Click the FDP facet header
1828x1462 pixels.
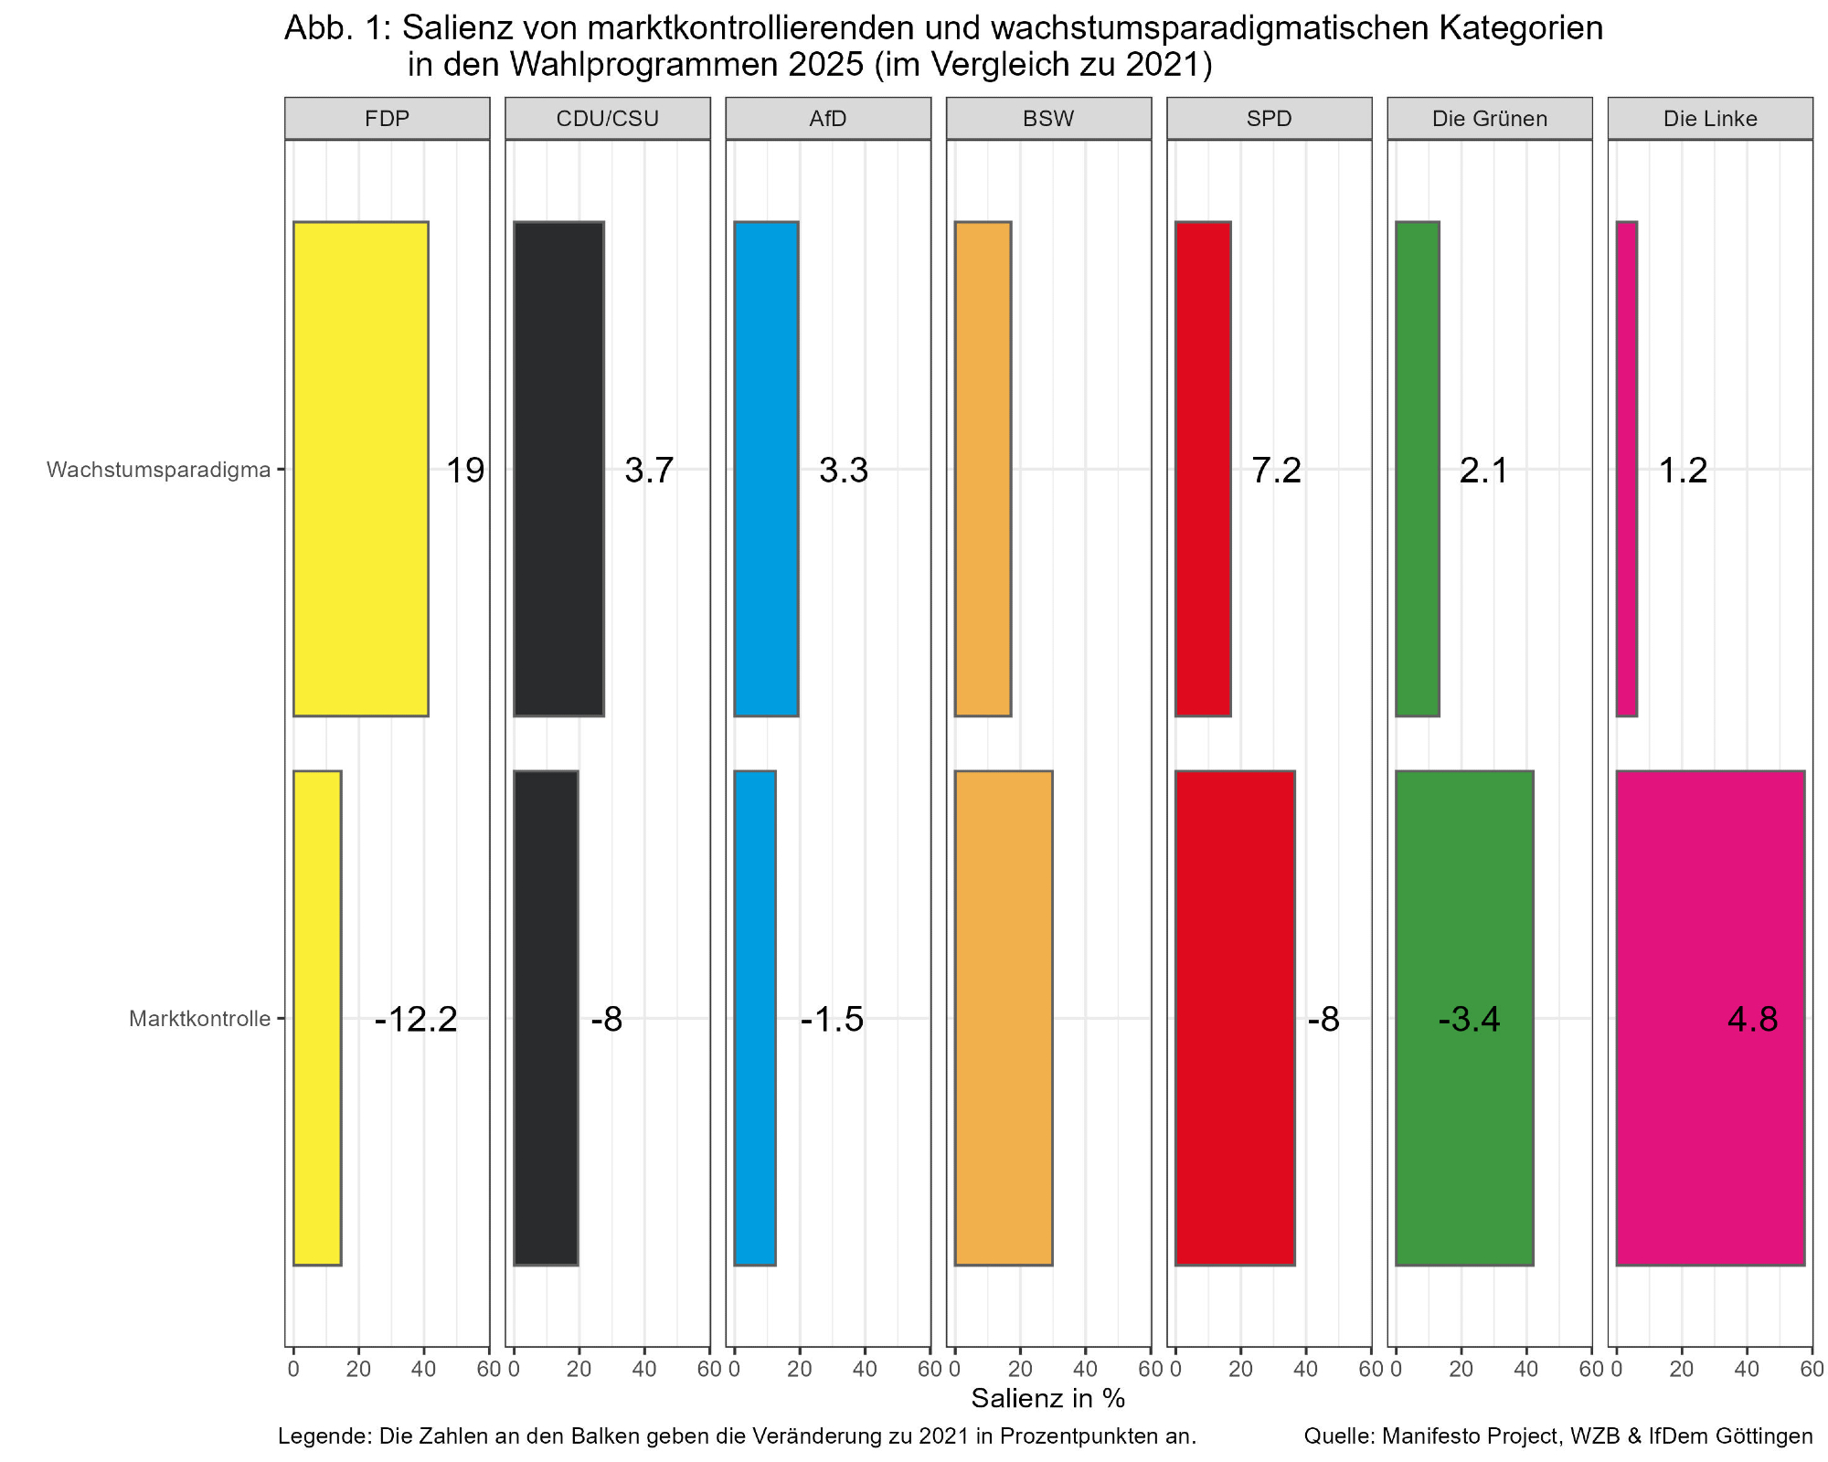(387, 119)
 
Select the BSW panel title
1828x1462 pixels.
(1048, 119)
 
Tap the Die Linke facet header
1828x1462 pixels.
(1710, 119)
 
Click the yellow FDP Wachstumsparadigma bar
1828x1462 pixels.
(360, 469)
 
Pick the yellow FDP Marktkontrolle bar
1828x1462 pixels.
(317, 1018)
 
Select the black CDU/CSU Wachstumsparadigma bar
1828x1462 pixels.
(558, 469)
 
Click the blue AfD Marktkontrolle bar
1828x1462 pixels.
(755, 1018)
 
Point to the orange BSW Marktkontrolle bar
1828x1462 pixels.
(1004, 1018)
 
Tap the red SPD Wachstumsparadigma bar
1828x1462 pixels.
(1203, 469)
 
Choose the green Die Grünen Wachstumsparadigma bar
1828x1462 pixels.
(1418, 469)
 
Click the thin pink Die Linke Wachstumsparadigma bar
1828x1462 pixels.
(1627, 469)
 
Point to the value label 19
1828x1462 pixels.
(464, 471)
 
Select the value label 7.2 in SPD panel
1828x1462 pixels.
(1276, 471)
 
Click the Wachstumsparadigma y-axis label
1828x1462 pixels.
(159, 470)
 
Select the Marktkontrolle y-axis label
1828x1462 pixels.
(199, 1019)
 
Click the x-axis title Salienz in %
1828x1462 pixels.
(1047, 1398)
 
